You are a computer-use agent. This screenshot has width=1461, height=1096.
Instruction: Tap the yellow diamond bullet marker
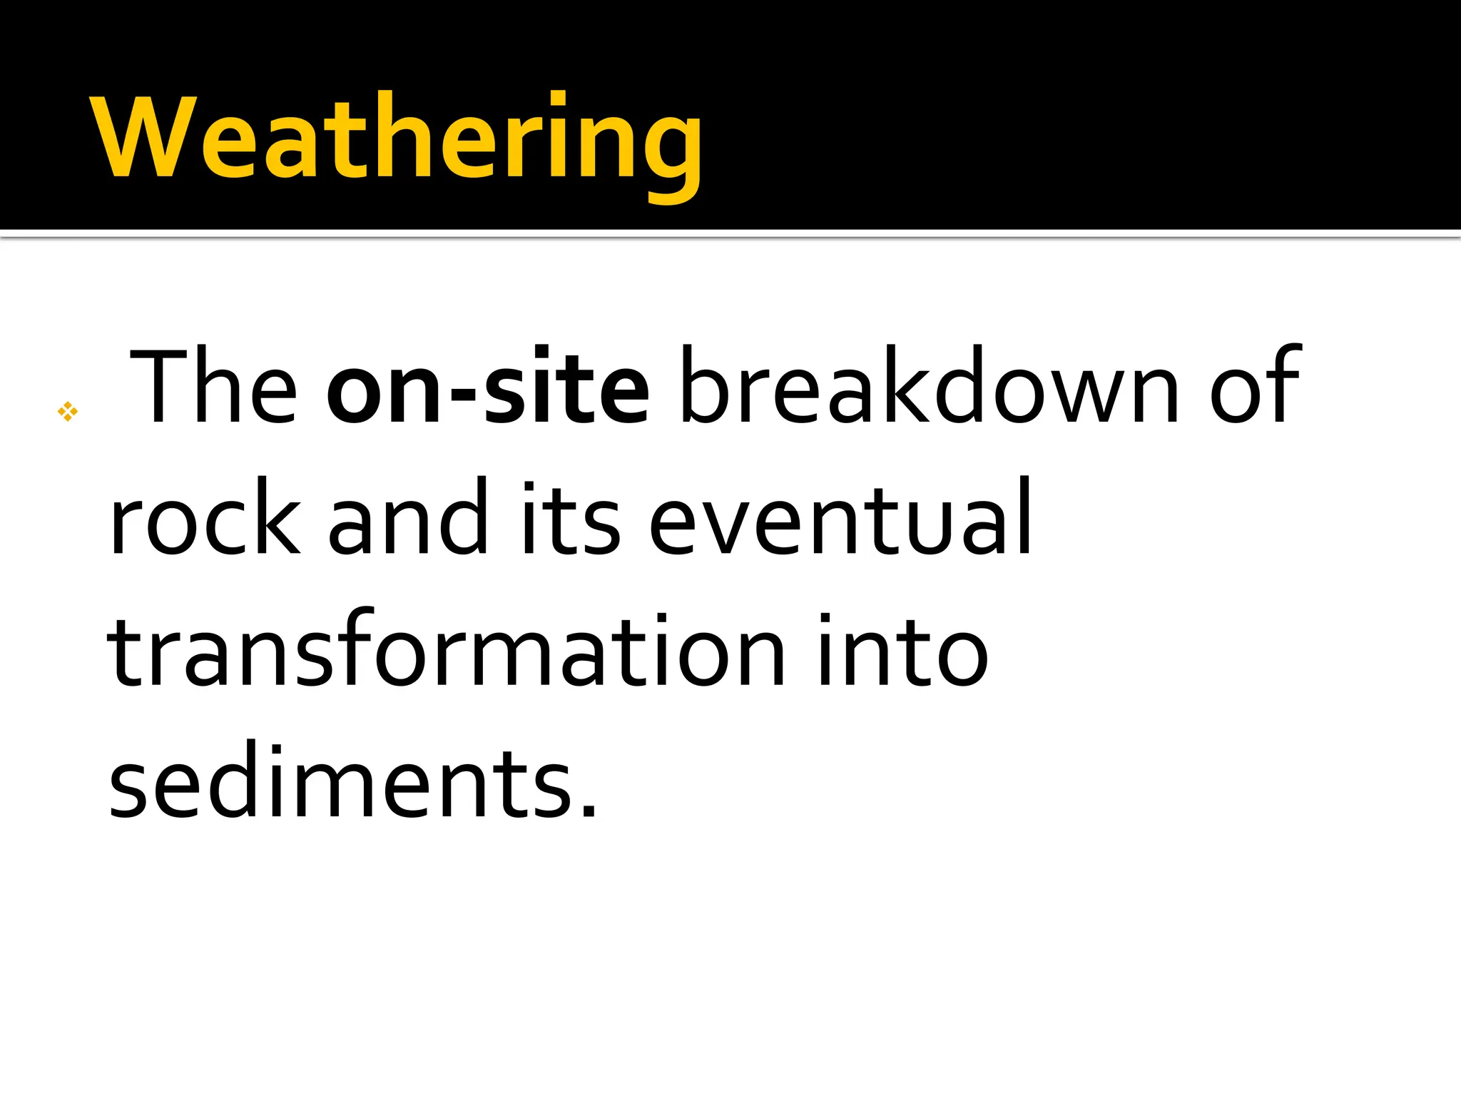[x=68, y=411]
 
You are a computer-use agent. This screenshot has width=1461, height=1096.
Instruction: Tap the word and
[x=407, y=520]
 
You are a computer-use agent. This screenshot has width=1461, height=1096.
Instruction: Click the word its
[x=571, y=520]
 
